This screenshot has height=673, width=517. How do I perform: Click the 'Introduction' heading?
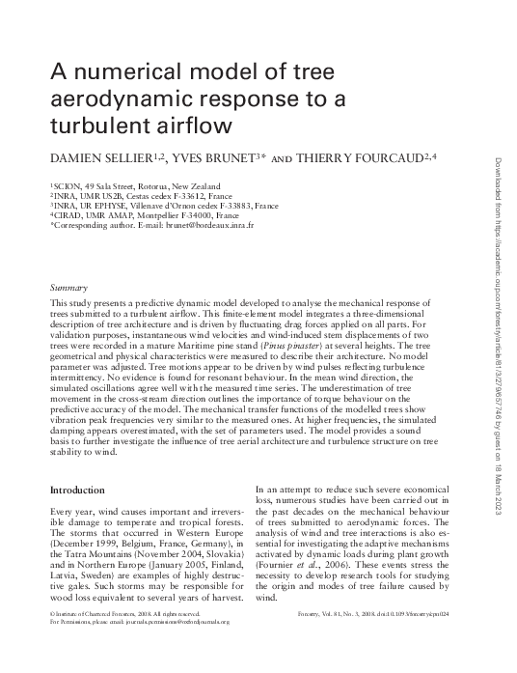(x=77, y=491)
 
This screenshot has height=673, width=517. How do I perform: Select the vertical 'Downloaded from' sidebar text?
(x=499, y=193)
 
